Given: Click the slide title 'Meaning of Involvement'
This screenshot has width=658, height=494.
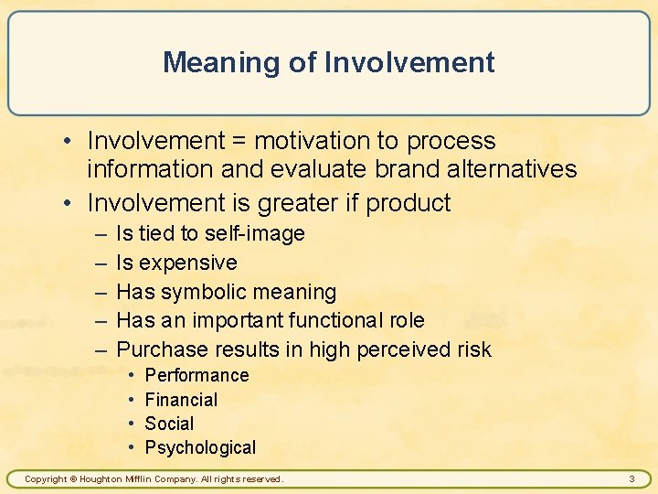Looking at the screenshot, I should click(x=329, y=62).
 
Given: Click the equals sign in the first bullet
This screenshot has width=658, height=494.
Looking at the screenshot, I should click(x=239, y=142).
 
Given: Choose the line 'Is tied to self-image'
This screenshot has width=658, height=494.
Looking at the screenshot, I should click(x=210, y=234).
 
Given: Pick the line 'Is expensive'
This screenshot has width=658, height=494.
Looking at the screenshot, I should click(x=176, y=263).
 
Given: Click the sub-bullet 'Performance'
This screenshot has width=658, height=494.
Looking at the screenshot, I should click(x=196, y=375).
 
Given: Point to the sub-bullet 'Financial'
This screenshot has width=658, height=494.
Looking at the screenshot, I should click(x=181, y=400).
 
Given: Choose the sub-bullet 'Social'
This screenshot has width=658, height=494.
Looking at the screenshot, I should click(x=169, y=424).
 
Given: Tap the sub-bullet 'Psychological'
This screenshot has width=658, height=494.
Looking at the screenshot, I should click(x=200, y=447).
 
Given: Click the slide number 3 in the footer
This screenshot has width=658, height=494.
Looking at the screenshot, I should click(x=631, y=478).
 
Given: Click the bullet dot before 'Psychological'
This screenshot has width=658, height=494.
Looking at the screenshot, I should click(x=132, y=447).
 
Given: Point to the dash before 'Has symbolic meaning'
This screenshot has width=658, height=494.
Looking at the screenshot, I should click(x=99, y=293).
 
